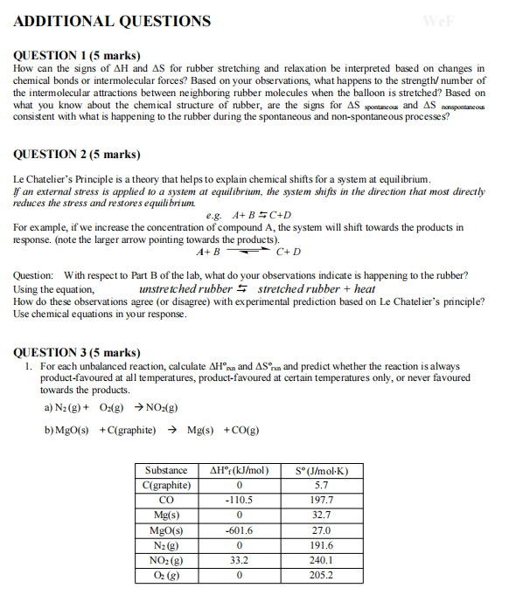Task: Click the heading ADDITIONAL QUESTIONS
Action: [x=113, y=21]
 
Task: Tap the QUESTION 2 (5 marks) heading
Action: [x=78, y=155]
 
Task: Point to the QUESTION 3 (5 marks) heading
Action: [x=78, y=353]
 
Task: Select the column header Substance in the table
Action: [x=166, y=469]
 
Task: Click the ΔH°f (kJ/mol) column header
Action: [x=240, y=469]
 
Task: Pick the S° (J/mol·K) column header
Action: [x=321, y=469]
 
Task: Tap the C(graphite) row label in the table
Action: [x=166, y=484]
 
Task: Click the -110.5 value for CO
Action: [x=239, y=500]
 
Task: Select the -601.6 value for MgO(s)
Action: [x=239, y=530]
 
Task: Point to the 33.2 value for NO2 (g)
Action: [x=239, y=560]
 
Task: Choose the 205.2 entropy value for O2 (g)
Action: [x=321, y=576]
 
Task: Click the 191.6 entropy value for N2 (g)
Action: [x=321, y=545]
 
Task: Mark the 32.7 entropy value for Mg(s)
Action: [x=321, y=515]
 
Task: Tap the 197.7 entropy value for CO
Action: [x=321, y=500]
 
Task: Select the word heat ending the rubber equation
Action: [x=365, y=288]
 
